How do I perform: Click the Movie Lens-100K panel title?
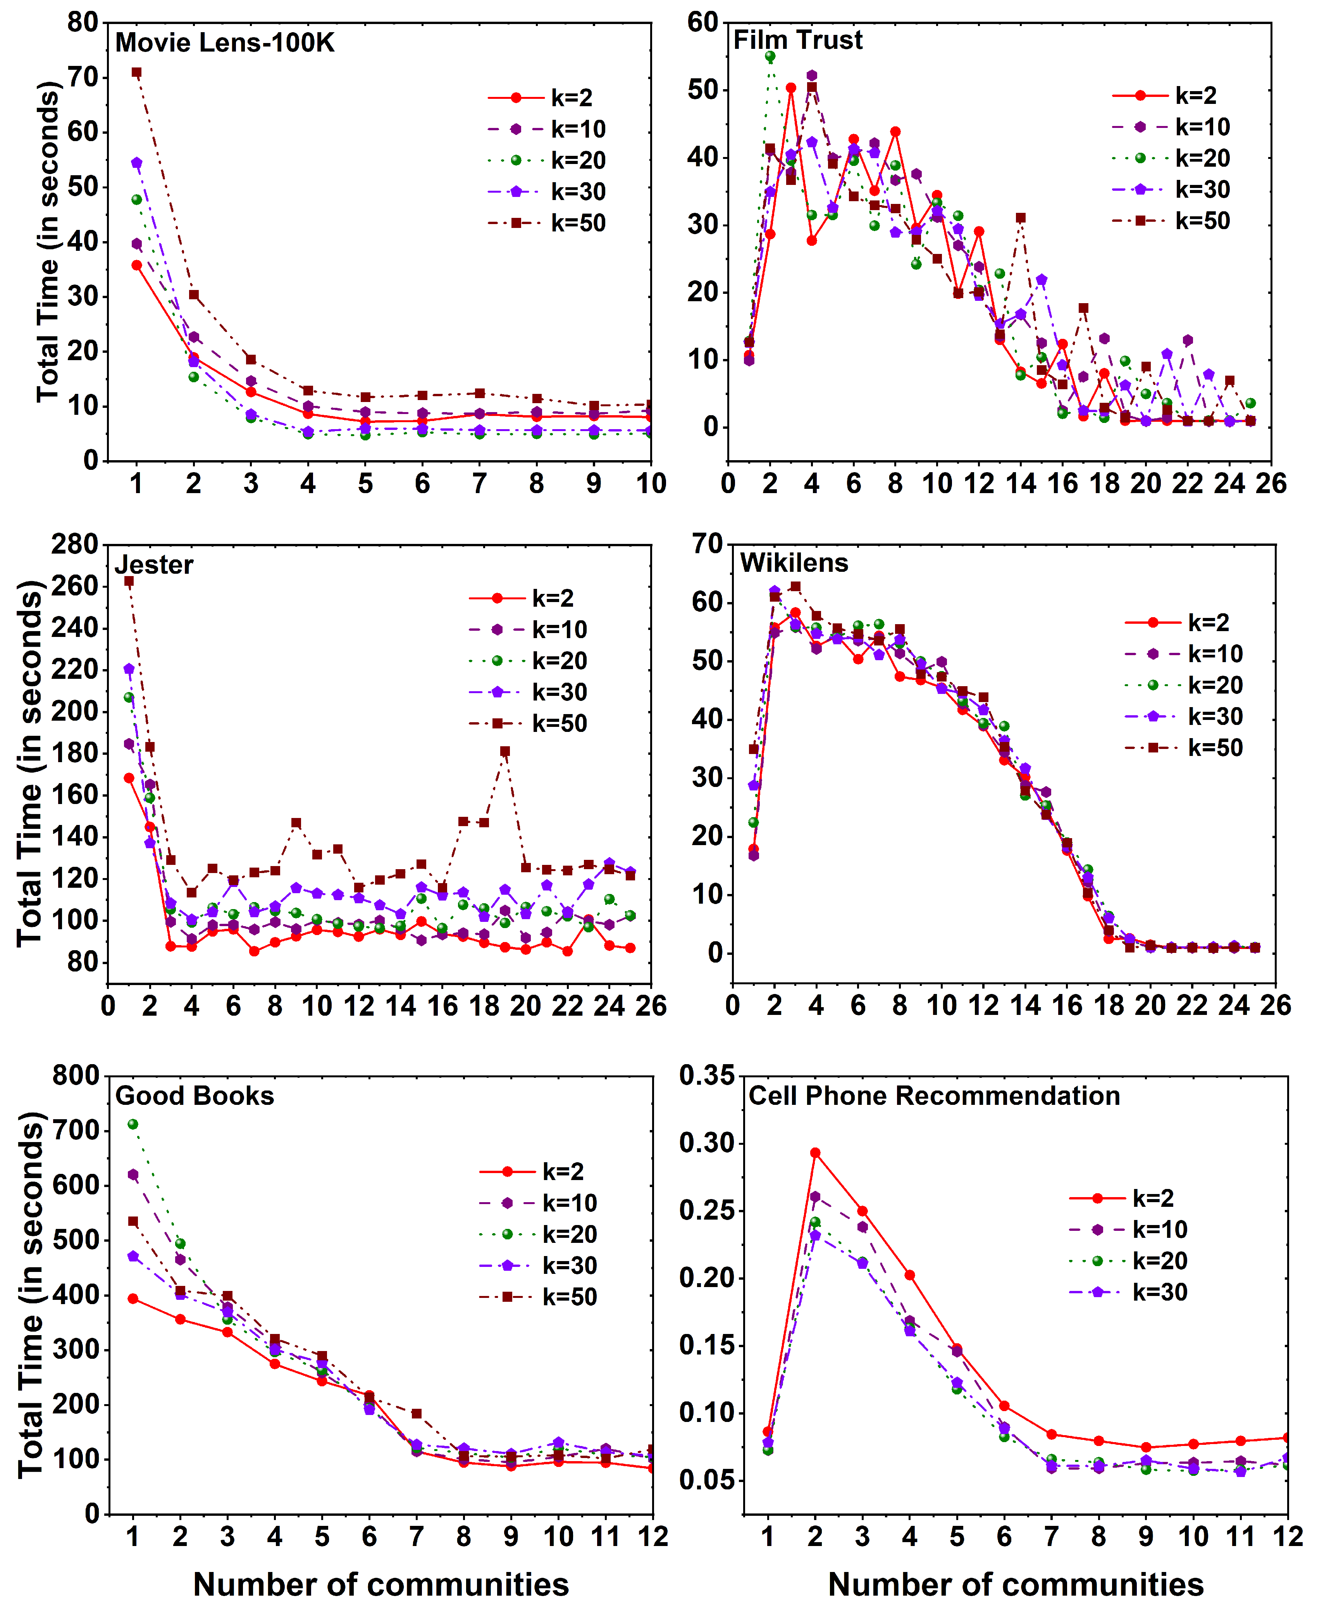click(225, 43)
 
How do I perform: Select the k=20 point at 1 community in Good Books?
click(133, 1124)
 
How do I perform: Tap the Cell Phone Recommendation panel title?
click(934, 1096)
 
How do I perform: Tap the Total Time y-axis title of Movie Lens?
click(47, 242)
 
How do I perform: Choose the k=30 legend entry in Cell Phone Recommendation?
click(1128, 1292)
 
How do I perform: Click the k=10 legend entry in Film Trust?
click(1171, 127)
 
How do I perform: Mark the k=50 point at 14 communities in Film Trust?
click(1020, 218)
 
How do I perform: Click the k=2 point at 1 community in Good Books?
click(133, 1299)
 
